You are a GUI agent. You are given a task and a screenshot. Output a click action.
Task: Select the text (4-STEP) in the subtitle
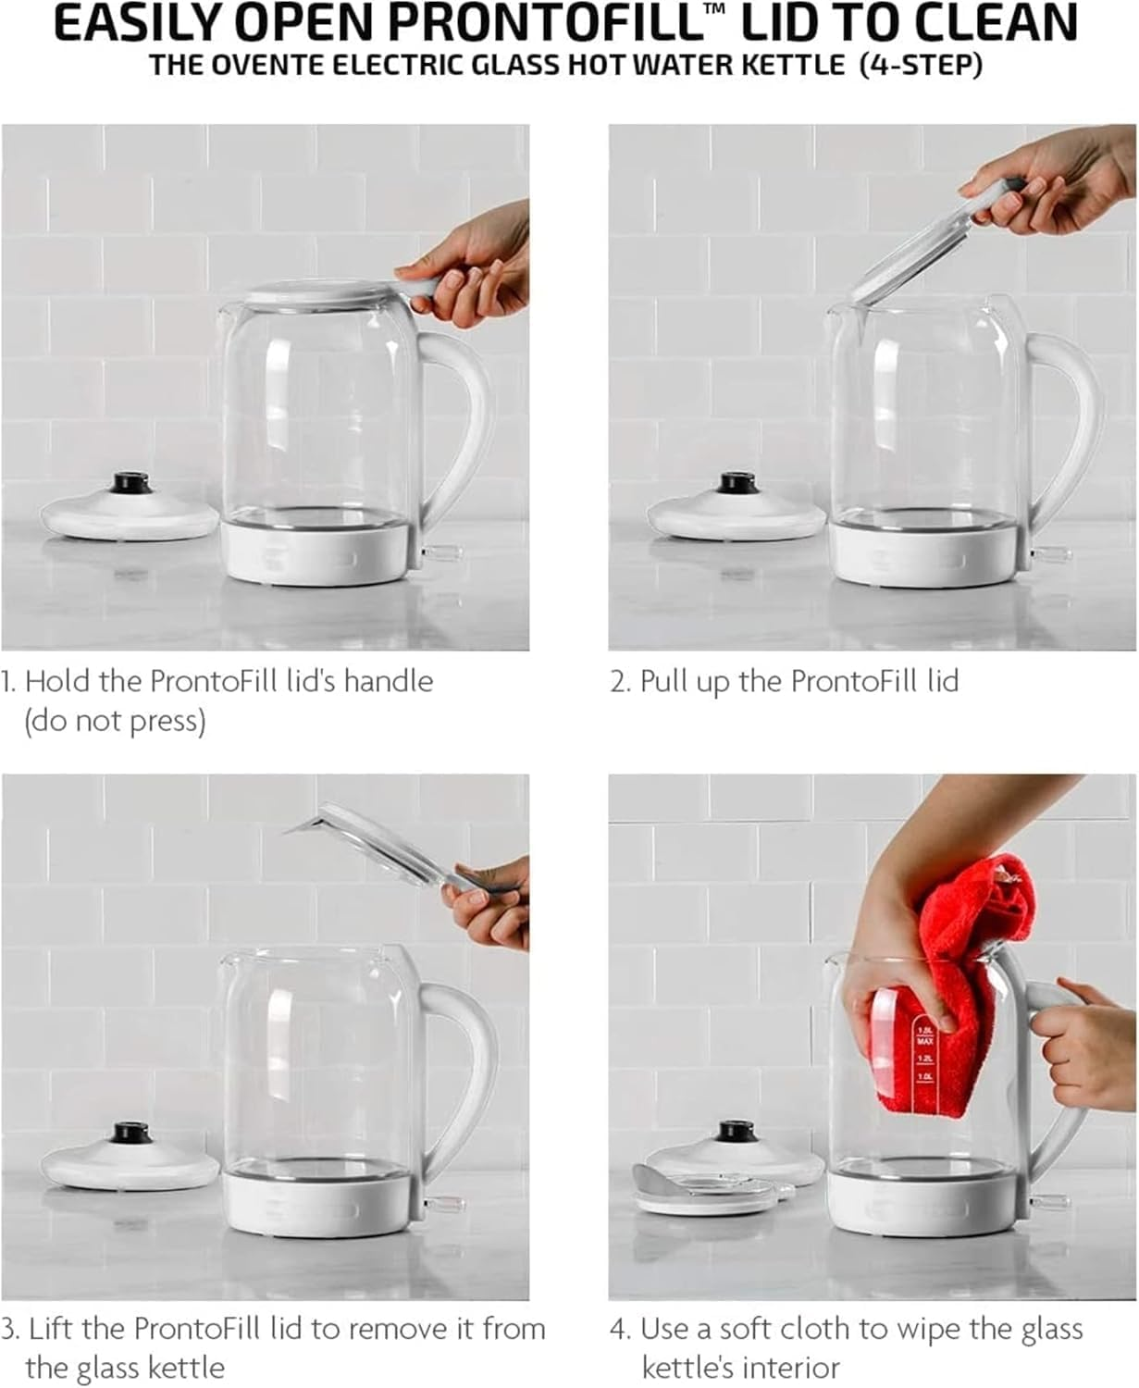pos(921,66)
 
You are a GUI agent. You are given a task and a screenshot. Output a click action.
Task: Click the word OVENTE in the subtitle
pos(269,65)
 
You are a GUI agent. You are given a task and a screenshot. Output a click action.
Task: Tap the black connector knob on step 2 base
pos(737,482)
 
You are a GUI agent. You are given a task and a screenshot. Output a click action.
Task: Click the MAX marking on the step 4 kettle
pos(925,1042)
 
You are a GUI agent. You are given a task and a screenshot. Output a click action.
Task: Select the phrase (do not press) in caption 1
pos(115,722)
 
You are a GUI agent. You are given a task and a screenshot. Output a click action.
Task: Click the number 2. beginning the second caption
pos(621,682)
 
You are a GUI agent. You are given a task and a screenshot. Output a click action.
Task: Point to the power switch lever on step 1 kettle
pos(442,551)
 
